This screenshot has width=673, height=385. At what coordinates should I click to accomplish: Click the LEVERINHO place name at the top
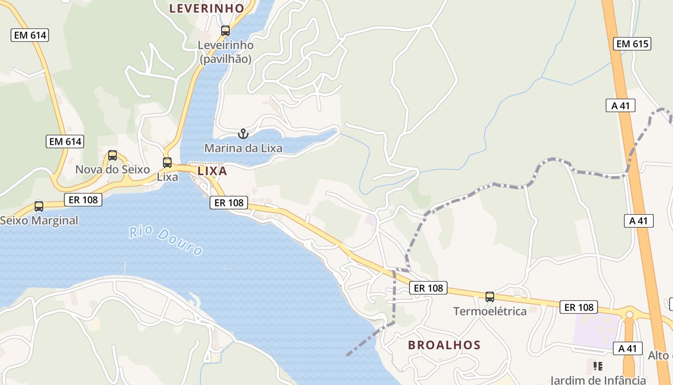207,8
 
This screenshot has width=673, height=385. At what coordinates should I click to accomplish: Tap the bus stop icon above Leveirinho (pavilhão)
225,31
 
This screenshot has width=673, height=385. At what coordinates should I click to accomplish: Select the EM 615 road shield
632,44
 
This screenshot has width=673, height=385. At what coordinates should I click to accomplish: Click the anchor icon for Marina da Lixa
243,133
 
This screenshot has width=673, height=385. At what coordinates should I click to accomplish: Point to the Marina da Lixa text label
243,148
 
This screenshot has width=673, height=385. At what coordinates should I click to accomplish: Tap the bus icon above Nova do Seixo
112,155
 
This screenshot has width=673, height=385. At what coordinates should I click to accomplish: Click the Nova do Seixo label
112,169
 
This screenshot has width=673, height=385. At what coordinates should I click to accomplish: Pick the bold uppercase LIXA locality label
212,171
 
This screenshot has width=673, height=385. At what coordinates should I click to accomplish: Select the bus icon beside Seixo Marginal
39,206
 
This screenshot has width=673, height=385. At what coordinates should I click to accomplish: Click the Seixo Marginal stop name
39,220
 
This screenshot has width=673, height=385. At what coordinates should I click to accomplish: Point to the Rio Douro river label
166,241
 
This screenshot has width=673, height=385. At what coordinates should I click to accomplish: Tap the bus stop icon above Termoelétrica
490,296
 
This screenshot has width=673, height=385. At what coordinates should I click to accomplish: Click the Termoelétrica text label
490,311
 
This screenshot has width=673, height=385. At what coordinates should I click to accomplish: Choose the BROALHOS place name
444,345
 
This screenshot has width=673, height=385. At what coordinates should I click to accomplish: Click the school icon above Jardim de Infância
598,366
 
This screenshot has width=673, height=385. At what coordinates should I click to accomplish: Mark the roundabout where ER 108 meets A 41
629,314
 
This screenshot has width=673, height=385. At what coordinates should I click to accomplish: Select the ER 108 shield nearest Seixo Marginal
83,199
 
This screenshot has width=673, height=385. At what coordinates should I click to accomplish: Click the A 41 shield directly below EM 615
620,105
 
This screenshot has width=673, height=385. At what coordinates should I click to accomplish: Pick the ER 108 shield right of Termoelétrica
578,307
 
